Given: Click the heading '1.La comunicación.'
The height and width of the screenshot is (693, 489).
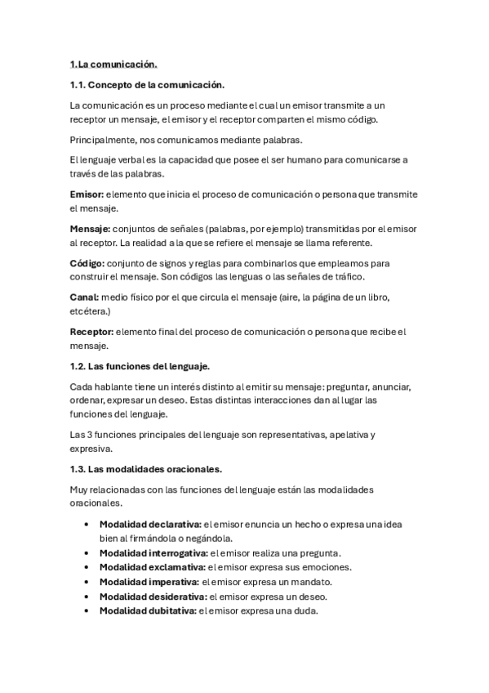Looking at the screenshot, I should [x=113, y=63].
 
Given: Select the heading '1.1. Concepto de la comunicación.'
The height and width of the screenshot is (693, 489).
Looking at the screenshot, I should [x=147, y=84].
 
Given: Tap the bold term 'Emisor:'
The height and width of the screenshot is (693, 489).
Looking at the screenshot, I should [x=87, y=194].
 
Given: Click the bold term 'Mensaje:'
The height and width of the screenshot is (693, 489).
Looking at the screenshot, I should [x=90, y=230].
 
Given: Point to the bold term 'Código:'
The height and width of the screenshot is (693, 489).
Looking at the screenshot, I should [x=87, y=264].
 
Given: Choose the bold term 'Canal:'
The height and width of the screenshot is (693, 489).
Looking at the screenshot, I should [x=85, y=298].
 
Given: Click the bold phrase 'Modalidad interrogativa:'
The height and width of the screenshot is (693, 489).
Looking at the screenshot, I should [x=153, y=552].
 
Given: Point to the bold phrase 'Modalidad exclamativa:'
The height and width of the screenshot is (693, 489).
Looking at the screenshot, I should [x=152, y=566].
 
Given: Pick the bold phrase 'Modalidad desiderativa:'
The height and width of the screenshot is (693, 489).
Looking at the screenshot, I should [x=152, y=596].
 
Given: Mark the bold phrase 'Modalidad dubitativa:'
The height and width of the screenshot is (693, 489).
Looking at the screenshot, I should [x=148, y=610].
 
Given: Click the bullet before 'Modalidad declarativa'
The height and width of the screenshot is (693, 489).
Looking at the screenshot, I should [x=87, y=524].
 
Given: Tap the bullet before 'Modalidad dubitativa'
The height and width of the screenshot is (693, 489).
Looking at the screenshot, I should [x=87, y=610].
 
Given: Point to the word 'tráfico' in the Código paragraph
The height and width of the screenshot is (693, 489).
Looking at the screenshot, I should [x=351, y=277].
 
